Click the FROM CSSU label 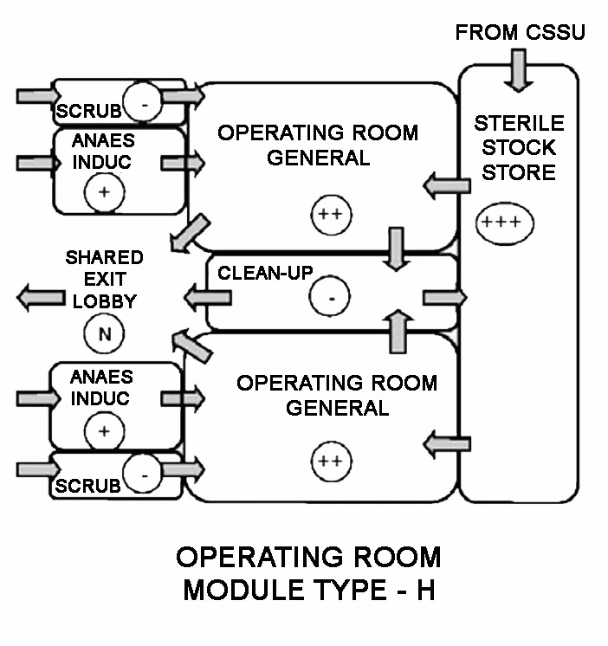tap(521, 34)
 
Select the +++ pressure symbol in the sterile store tap(504, 223)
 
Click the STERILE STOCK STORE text tap(519, 147)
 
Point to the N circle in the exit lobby tap(103, 334)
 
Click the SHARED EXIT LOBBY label tap(105, 278)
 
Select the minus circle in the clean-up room tap(329, 297)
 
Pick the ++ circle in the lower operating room tap(330, 461)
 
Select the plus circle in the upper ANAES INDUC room tap(104, 193)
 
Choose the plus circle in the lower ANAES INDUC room tap(104, 430)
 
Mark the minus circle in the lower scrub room tap(142, 474)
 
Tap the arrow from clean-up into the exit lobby tap(208, 299)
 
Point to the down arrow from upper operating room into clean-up tap(397, 248)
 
